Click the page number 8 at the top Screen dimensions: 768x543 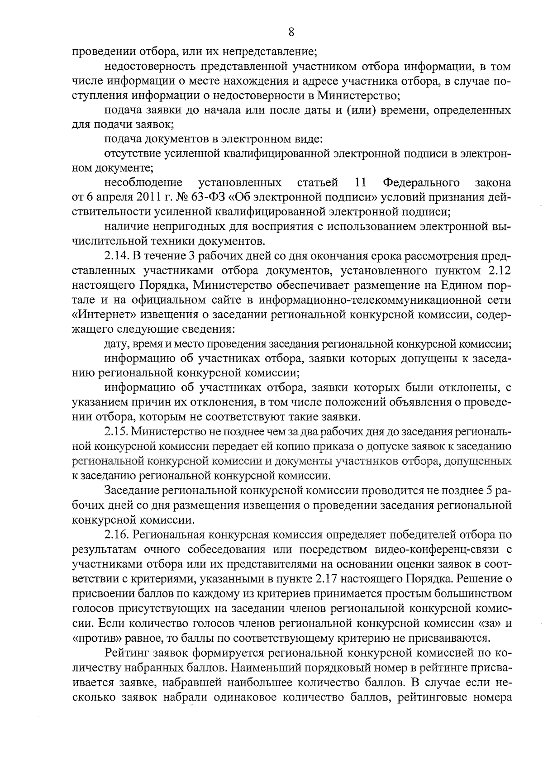291,32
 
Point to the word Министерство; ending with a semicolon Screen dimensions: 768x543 357,95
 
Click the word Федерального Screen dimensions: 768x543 421,182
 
